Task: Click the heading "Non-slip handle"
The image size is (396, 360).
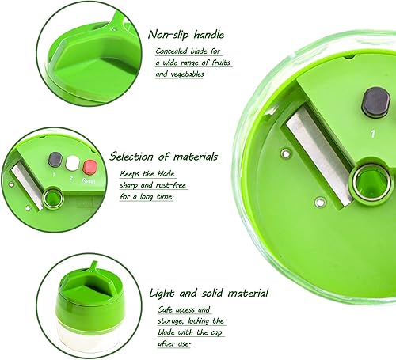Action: click(186, 35)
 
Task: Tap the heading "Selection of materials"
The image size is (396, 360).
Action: click(164, 157)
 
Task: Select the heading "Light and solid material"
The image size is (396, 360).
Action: click(208, 293)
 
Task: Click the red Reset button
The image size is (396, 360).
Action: click(90, 167)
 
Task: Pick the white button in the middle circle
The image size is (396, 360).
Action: click(72, 164)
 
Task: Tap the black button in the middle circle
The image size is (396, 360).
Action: click(55, 160)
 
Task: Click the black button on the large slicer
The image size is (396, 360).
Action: click(375, 102)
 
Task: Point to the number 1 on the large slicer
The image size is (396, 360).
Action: click(372, 134)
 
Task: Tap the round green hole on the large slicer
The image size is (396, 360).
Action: click(370, 182)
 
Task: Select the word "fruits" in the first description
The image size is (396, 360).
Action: click(221, 63)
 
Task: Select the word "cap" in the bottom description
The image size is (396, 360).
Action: click(216, 333)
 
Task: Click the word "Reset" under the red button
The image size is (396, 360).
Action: click(89, 180)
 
